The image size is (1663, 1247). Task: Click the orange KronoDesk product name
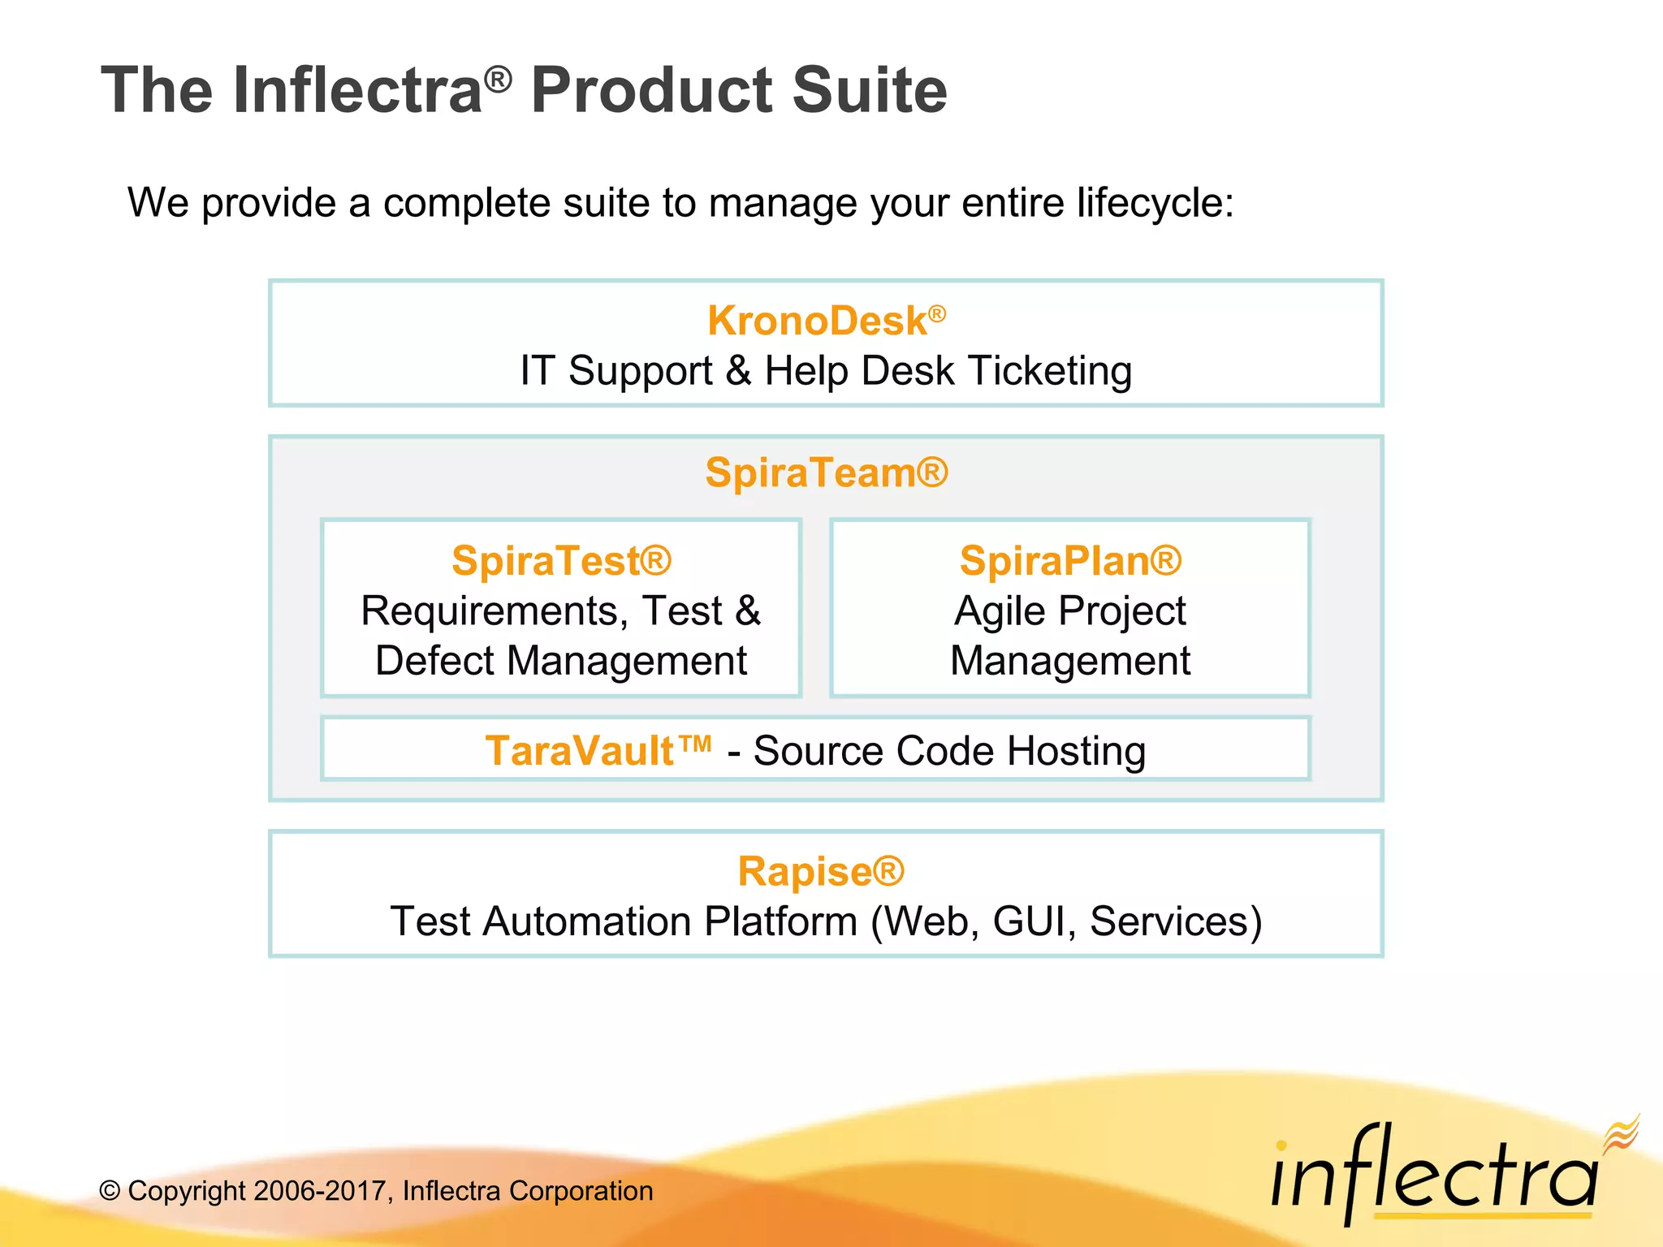tap(816, 321)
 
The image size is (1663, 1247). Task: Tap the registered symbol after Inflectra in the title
tap(498, 79)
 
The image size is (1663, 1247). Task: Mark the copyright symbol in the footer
tap(110, 1191)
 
